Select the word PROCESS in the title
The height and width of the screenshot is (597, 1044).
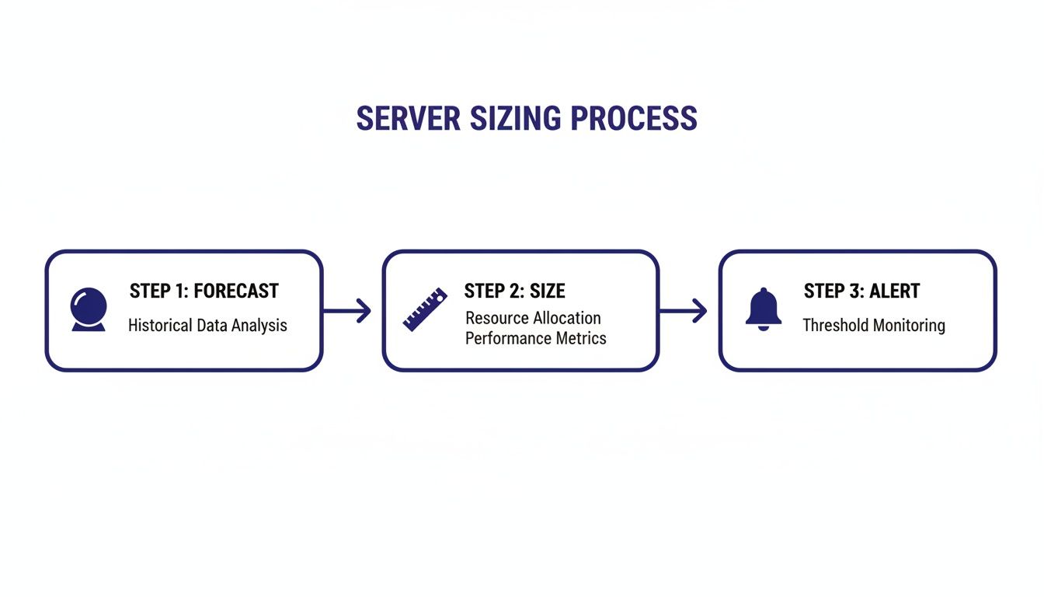(634, 119)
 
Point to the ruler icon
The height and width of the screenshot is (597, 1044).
(426, 309)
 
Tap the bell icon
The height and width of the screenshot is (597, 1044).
(763, 309)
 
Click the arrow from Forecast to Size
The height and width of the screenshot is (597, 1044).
(347, 311)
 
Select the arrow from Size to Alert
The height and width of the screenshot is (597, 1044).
(684, 311)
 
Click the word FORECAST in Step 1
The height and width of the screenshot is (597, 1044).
(235, 292)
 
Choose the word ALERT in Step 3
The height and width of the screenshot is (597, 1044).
(894, 292)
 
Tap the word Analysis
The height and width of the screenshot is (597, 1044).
(259, 326)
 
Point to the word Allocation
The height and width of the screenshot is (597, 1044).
(567, 318)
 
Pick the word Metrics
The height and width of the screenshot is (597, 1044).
(581, 338)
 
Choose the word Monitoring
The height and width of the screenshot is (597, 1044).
(909, 326)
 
